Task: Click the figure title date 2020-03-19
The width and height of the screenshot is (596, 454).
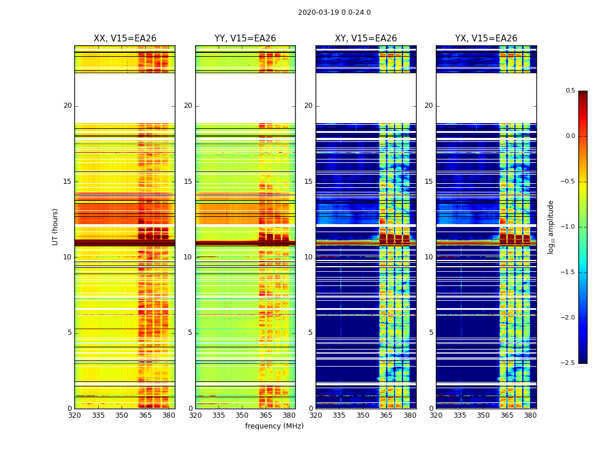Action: click(x=318, y=12)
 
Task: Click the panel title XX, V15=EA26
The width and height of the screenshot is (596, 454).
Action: click(x=125, y=39)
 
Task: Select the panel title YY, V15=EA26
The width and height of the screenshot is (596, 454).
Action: click(x=245, y=39)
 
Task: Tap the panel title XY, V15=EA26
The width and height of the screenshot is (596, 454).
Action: click(x=366, y=39)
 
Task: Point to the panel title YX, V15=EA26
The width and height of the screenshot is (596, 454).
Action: click(x=486, y=39)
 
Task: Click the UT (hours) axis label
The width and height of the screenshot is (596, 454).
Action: click(x=56, y=226)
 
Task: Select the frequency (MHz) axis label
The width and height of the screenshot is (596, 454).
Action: click(x=274, y=426)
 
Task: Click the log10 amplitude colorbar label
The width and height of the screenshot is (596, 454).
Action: click(x=551, y=226)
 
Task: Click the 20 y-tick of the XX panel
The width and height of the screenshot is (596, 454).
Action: click(x=68, y=106)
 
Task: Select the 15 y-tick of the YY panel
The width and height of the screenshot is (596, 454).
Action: click(x=188, y=182)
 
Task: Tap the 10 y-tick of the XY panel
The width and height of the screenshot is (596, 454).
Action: click(x=308, y=257)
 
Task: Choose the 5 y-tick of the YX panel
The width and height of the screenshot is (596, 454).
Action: click(x=431, y=333)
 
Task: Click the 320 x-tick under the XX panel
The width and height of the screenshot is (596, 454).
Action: click(x=74, y=415)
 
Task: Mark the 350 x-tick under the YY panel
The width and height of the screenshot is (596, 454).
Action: click(x=242, y=415)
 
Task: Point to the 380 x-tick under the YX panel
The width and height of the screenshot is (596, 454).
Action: click(x=530, y=415)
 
